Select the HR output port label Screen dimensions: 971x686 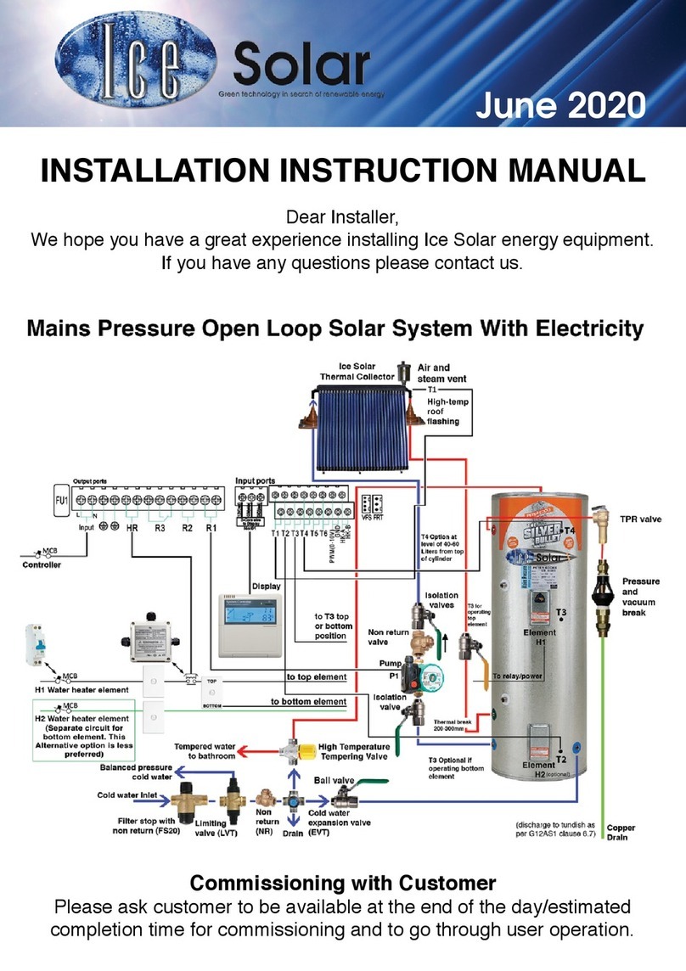pyautogui.click(x=132, y=527)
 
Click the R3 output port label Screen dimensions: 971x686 pyautogui.click(x=159, y=527)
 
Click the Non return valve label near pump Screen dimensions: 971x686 pyautogui.click(x=390, y=637)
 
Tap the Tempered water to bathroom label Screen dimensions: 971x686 pyautogui.click(x=205, y=751)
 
